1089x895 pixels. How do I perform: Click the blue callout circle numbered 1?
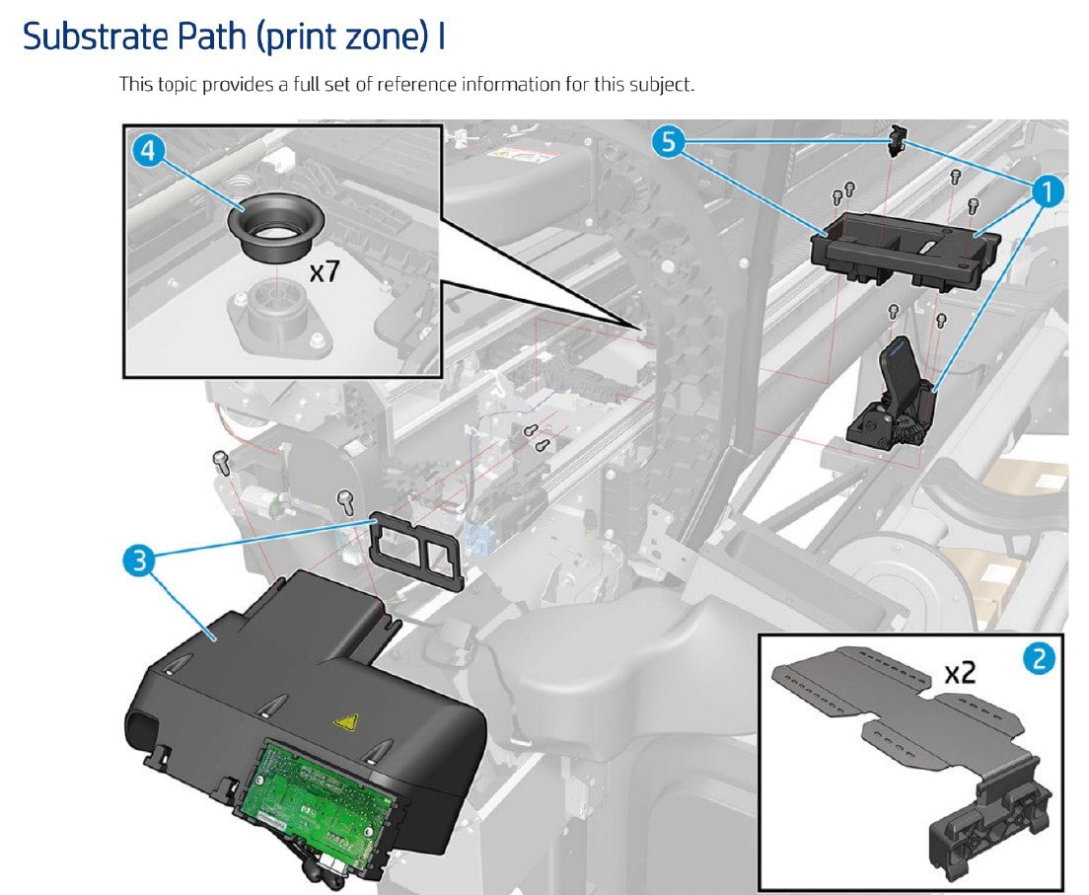(1050, 191)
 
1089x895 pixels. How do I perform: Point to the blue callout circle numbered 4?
(148, 151)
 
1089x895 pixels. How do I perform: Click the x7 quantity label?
(325, 270)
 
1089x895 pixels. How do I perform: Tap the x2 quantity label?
(960, 673)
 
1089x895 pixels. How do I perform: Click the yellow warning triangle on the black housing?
(345, 723)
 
